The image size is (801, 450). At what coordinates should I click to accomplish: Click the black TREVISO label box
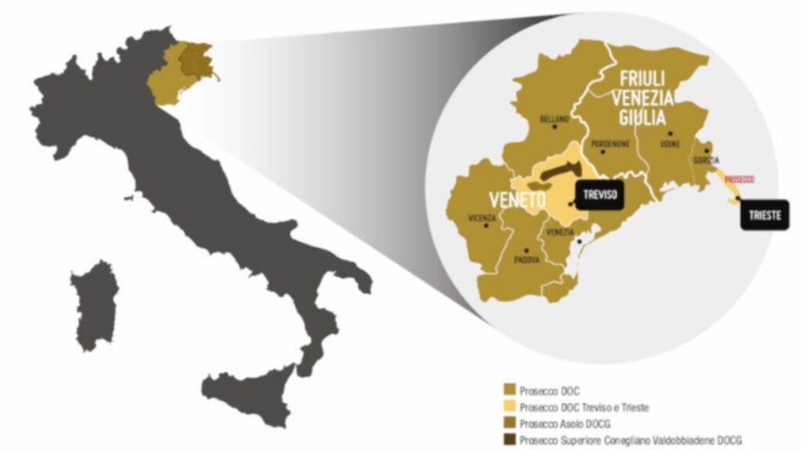pos(599,194)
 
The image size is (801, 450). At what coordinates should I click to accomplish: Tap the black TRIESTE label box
pos(764,216)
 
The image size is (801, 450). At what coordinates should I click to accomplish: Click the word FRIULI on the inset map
pos(643,79)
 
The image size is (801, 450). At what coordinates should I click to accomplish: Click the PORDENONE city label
pos(610,144)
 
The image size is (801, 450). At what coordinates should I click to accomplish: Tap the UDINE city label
pos(670,144)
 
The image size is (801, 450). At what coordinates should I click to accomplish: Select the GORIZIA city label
pos(706,159)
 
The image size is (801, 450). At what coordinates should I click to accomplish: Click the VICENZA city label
pos(482,217)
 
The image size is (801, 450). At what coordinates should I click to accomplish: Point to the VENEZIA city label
pos(561,233)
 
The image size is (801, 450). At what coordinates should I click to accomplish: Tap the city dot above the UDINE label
pos(670,134)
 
